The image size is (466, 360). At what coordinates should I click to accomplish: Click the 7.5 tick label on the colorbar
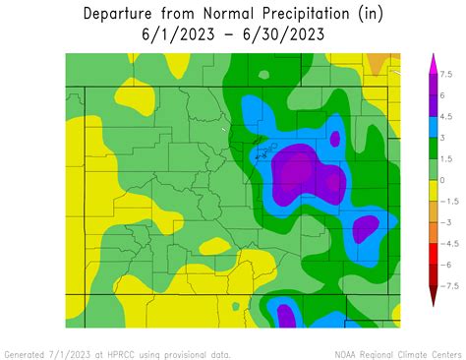(446, 74)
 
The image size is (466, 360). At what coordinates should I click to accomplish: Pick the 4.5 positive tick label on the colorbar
(446, 116)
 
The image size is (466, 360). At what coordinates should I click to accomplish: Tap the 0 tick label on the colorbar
(441, 180)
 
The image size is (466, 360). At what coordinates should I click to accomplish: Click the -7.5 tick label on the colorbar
(446, 286)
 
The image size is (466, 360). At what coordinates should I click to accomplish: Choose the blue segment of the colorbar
(432, 127)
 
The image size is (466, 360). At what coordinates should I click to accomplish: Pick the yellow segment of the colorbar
(432, 190)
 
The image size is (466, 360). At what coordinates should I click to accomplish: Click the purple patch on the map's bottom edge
(286, 317)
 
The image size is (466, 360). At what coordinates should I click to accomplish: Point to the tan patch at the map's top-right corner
(379, 62)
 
